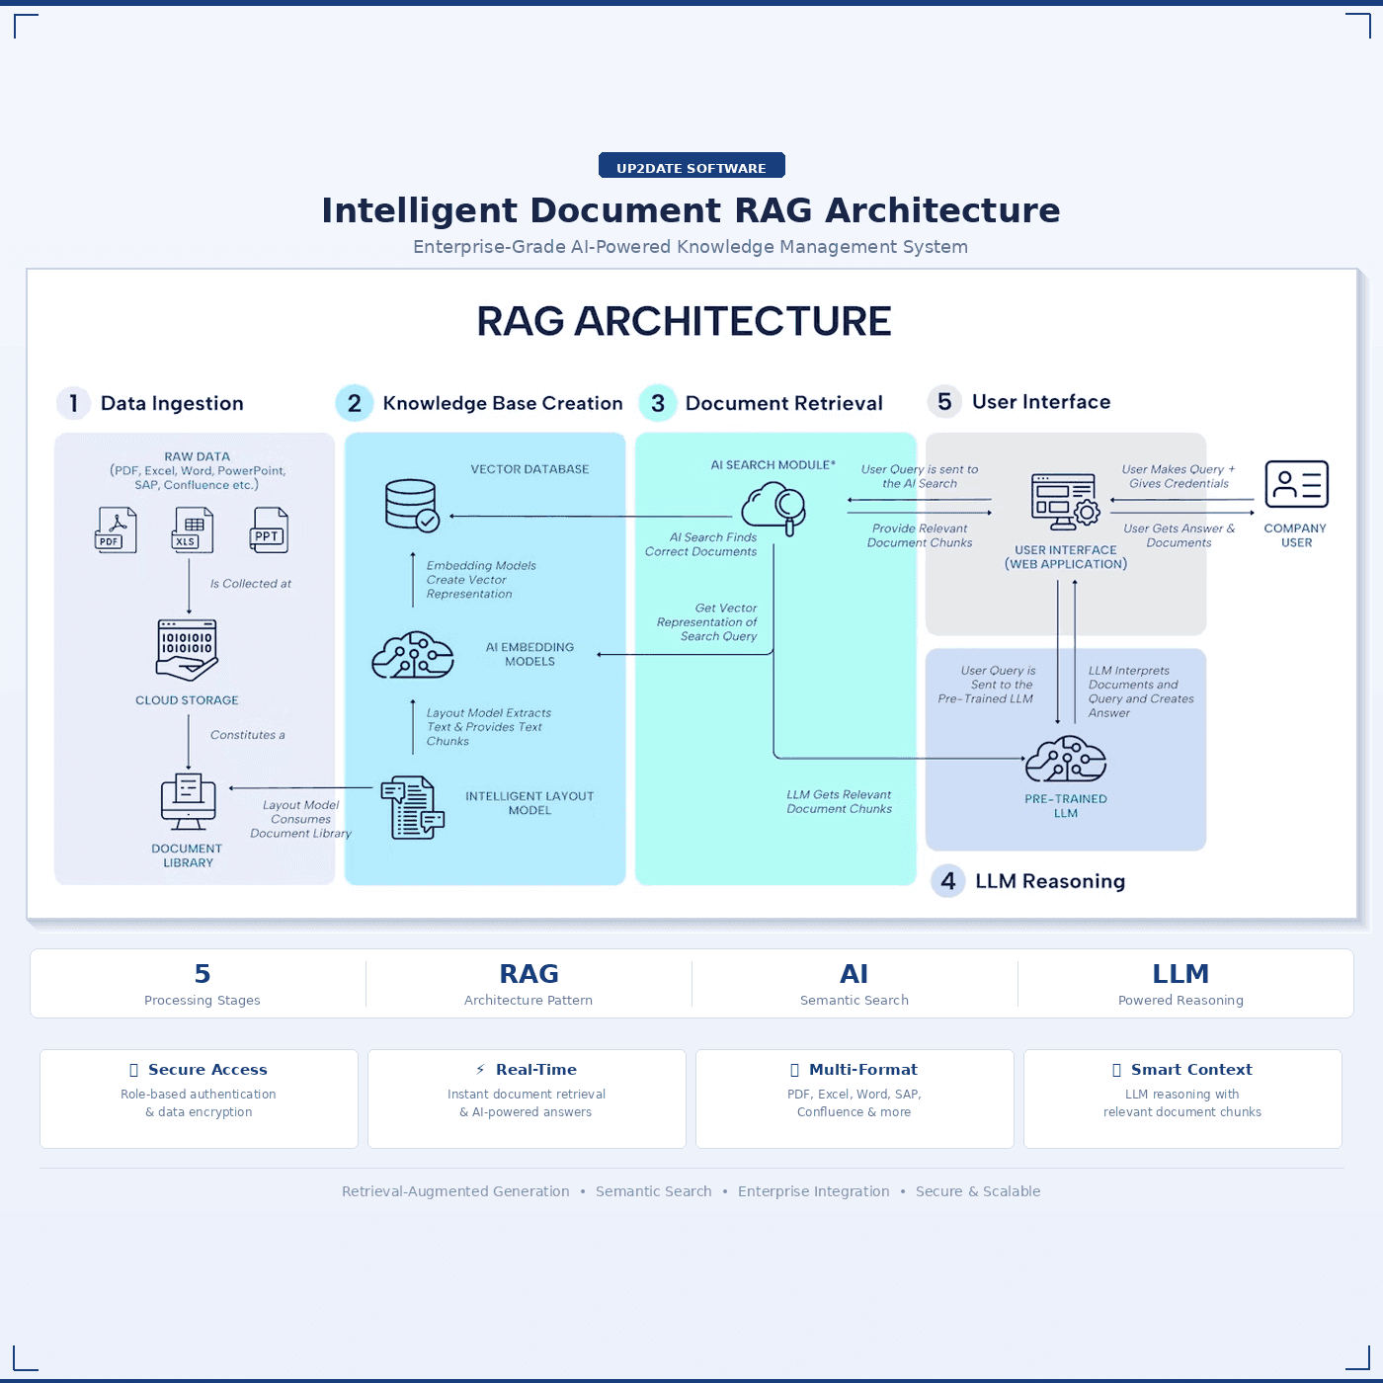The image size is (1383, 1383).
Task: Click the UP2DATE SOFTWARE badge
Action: pos(691,166)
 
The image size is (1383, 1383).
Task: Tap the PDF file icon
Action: pos(116,529)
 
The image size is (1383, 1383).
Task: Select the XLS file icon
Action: pos(192,529)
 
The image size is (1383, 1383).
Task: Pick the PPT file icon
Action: pos(269,529)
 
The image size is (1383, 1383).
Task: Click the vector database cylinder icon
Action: pos(411,506)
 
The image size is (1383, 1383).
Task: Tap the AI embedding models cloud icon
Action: pos(413,655)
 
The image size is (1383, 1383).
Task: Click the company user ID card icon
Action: pos(1296,485)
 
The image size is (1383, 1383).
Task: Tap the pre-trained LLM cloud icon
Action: pos(1065,759)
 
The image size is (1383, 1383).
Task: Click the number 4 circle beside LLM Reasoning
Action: pos(948,881)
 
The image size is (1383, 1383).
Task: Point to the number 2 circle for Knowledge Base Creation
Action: pos(354,403)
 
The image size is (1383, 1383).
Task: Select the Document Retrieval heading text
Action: pos(783,403)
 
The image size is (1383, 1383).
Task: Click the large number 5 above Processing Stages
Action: pos(203,974)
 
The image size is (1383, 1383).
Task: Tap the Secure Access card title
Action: pos(207,1070)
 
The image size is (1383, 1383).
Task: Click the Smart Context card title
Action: pos(1191,1070)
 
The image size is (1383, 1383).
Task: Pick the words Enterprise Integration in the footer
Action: pos(813,1191)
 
